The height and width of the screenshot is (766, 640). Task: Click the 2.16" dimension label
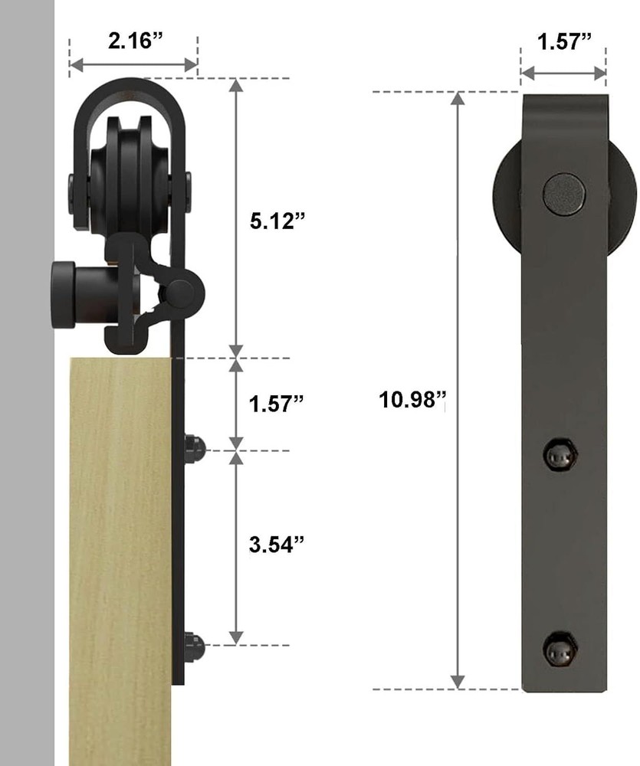point(134,40)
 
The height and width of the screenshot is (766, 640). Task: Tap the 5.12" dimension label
point(277,221)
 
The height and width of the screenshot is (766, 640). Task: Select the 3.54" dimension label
point(276,544)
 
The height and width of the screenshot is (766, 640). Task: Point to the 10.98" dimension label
point(412,399)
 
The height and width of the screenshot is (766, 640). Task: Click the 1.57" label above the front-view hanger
point(564,41)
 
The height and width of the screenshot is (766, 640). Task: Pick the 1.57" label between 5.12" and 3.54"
point(276,404)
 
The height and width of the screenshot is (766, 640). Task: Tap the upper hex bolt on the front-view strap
point(560,455)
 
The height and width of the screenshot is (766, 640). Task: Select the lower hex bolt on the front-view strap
point(560,649)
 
